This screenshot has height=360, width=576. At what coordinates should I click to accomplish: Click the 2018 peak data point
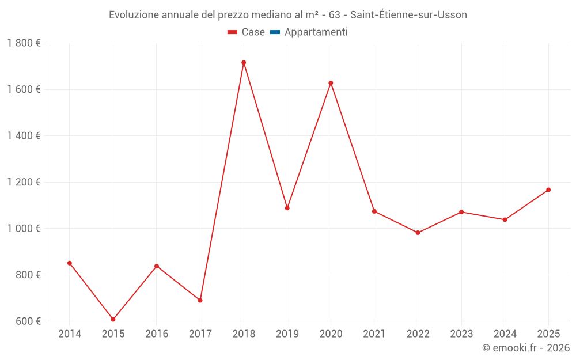point(244,62)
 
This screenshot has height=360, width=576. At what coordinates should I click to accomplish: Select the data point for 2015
point(113,319)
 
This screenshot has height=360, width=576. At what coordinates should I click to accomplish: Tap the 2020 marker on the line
point(331,83)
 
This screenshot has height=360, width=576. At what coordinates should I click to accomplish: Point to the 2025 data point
point(548,190)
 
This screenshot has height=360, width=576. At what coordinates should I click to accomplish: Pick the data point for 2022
point(418,233)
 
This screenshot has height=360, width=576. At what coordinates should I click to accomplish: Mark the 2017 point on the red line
point(200,300)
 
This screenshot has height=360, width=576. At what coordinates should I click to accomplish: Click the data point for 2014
point(70,263)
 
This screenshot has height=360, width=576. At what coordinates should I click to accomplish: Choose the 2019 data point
point(287,208)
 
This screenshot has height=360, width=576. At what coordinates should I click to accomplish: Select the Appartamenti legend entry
point(316,32)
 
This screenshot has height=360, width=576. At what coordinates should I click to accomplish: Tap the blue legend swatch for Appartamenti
point(275,32)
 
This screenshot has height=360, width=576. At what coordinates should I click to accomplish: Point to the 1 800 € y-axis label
point(24,43)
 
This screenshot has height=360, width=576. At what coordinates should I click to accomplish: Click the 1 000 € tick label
point(24,229)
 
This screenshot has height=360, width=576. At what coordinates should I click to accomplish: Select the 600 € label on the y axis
point(28,321)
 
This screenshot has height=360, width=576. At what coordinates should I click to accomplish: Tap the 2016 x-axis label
point(157,334)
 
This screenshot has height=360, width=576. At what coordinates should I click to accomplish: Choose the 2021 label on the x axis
point(374,334)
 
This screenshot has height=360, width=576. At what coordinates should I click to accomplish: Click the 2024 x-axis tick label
point(505,334)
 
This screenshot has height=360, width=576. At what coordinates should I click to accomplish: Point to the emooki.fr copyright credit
point(525,348)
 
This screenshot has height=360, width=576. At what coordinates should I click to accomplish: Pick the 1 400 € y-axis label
point(24,136)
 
